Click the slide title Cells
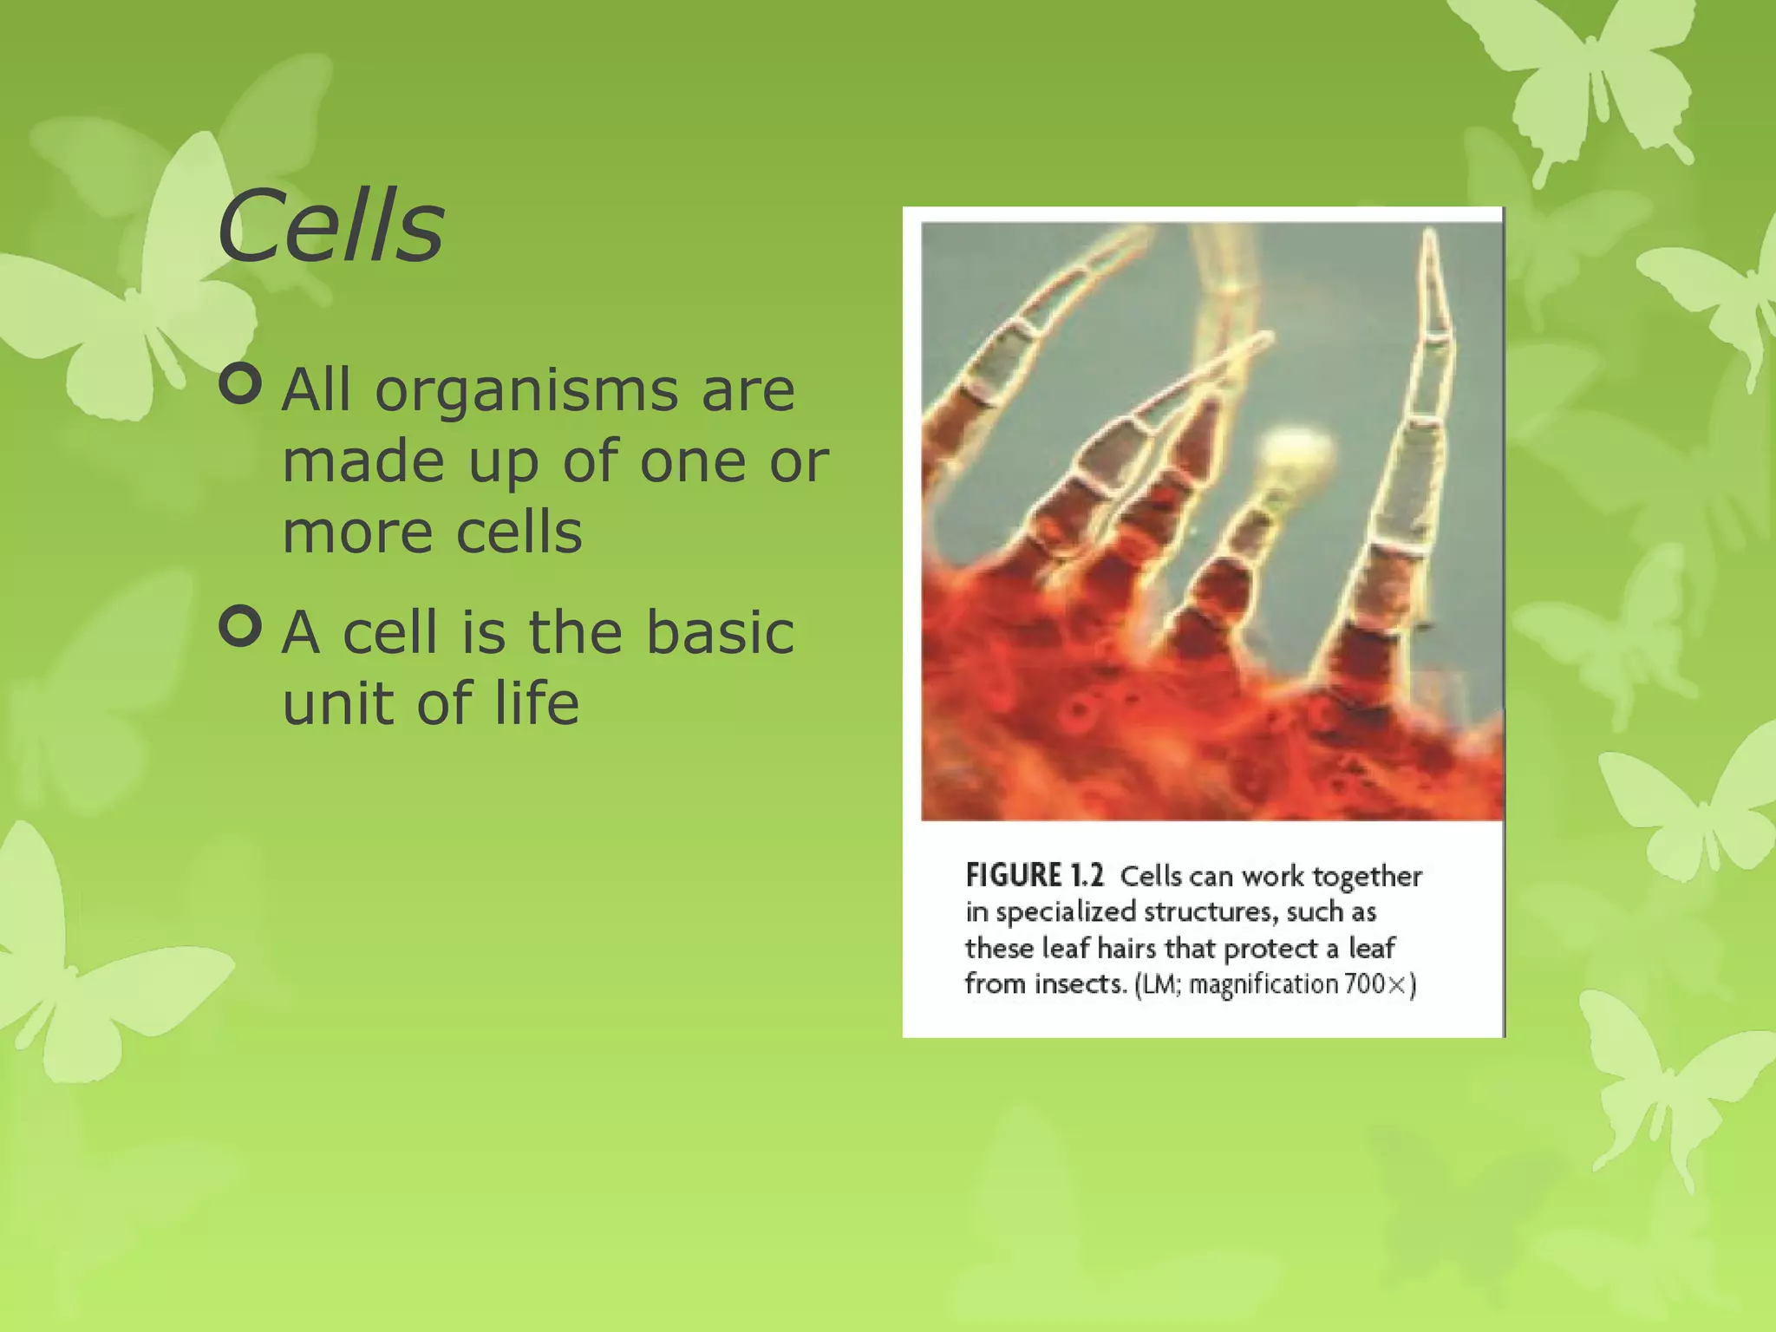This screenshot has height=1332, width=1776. (x=330, y=227)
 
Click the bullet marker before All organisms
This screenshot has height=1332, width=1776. (x=240, y=384)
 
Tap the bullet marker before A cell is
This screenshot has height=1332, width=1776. (x=240, y=626)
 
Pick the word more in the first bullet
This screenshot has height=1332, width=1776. (x=356, y=532)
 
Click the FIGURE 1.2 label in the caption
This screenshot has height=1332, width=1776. (x=1035, y=876)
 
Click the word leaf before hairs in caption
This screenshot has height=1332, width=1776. (x=1065, y=948)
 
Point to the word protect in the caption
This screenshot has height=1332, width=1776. (x=1270, y=949)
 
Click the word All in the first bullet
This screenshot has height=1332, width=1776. (x=317, y=390)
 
